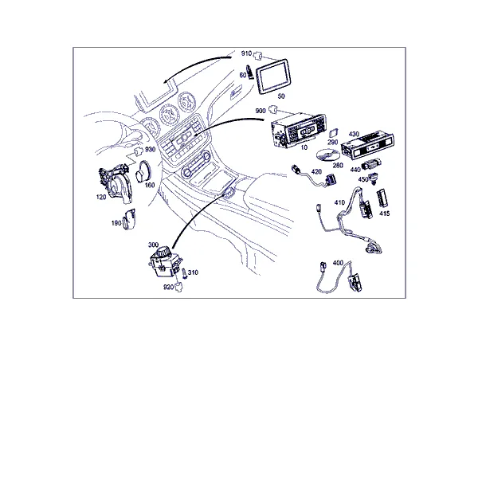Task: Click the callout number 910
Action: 246,53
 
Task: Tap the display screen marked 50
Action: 272,76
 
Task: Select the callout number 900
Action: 261,111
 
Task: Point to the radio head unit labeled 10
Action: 298,130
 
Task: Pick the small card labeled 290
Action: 334,133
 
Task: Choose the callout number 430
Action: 354,134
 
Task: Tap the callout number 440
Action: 355,170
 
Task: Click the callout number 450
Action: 363,179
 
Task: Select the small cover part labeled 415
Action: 382,198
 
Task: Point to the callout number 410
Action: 339,202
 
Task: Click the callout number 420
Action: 316,171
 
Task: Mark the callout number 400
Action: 338,263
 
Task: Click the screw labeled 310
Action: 185,273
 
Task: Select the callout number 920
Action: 169,287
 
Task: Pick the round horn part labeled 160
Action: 143,171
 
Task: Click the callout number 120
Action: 101,198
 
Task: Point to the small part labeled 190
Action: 129,219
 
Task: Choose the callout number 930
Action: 150,150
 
